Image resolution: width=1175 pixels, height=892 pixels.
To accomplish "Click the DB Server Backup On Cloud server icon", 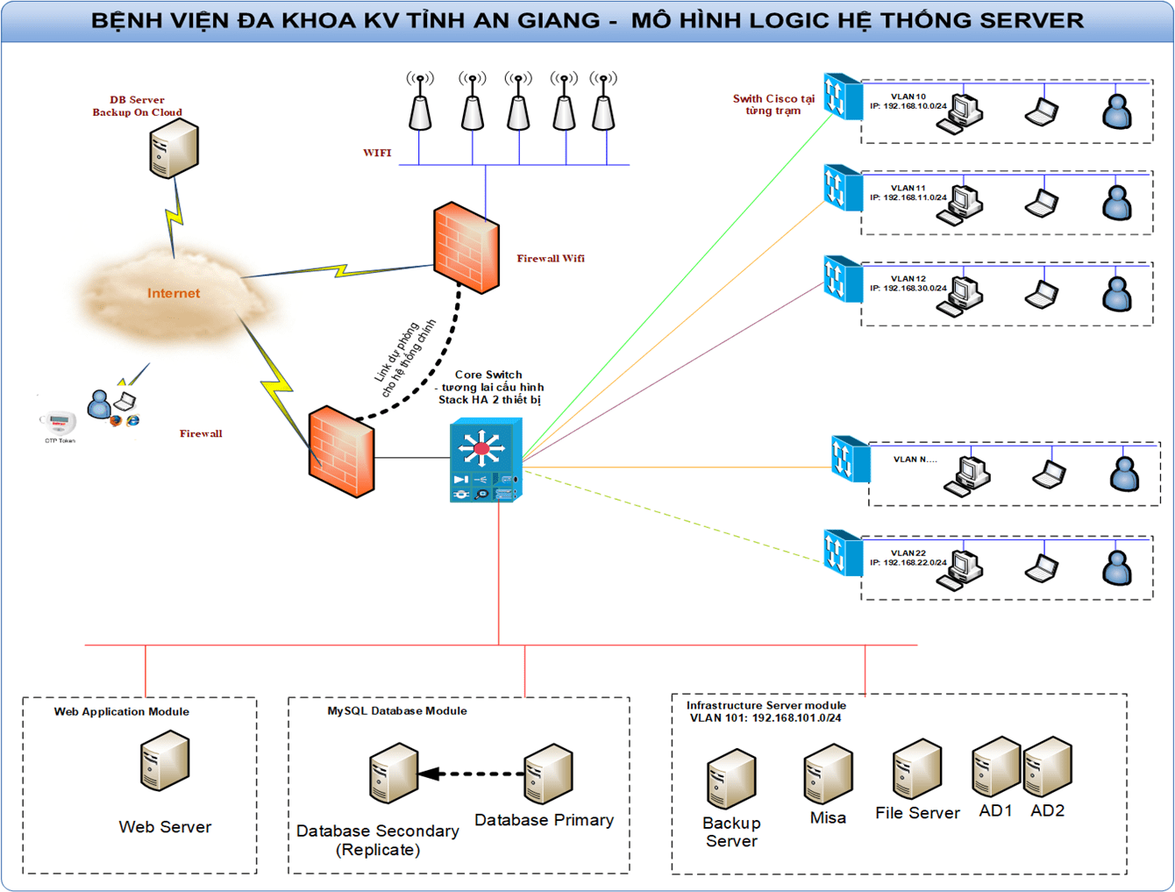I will click(174, 148).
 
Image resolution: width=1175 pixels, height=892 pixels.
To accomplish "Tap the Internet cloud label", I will click(174, 293).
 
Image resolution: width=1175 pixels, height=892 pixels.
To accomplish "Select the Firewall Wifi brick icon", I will click(466, 247).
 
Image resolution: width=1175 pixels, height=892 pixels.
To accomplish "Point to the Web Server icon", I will click(165, 761).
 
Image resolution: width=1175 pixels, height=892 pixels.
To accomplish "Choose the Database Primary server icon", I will click(548, 774).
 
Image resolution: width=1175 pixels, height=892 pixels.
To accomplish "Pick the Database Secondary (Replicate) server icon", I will click(393, 773).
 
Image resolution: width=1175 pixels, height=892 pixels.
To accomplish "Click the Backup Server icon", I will click(731, 778).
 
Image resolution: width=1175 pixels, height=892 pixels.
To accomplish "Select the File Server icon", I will click(917, 768).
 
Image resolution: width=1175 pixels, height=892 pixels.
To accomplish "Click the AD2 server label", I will click(1048, 811).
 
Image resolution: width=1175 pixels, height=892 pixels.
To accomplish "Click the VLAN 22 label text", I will click(908, 553).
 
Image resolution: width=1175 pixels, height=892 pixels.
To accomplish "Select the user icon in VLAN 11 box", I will click(1116, 203).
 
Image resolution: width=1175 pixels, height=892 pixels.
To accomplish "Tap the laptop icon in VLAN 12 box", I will click(1042, 294).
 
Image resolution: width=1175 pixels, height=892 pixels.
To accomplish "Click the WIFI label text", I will click(377, 153).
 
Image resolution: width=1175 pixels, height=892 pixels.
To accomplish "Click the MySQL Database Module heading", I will click(397, 711).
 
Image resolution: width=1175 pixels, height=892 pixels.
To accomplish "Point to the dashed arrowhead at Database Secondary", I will click(429, 774).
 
